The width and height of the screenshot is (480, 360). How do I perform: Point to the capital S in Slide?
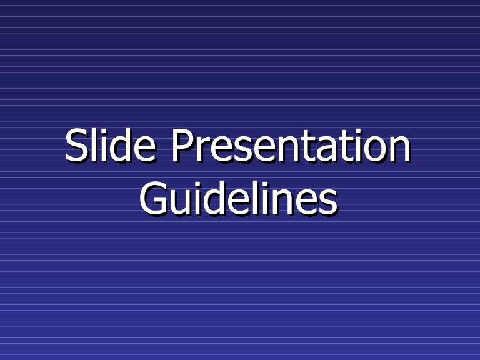pyautogui.click(x=76, y=146)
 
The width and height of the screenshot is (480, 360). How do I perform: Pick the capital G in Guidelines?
pyautogui.click(x=152, y=198)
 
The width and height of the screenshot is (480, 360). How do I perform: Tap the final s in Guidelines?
pyautogui.click(x=327, y=201)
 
